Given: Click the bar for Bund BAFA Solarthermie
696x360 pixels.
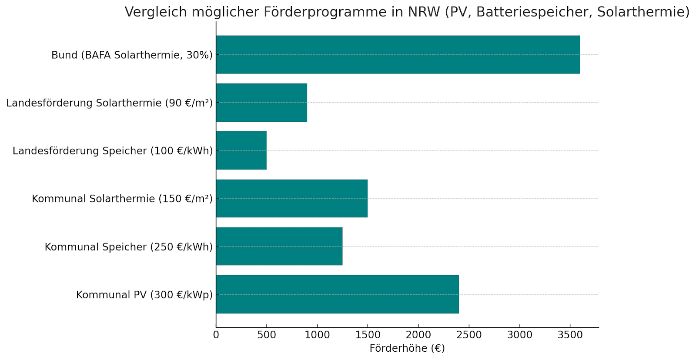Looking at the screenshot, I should point(398,55).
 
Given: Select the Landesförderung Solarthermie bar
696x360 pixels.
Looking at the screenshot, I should point(261,103).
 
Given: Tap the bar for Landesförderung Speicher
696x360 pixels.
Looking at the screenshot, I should point(241,150).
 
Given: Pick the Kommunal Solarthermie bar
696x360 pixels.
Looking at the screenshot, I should point(291,198).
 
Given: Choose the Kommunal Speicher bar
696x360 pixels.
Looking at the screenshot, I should point(279,246).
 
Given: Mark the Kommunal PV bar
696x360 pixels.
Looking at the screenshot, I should point(337,294).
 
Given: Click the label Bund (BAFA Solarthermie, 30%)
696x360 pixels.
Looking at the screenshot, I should point(132,55).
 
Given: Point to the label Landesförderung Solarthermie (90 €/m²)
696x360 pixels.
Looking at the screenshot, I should point(109,103).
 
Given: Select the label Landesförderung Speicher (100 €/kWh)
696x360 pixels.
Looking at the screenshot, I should point(113,151).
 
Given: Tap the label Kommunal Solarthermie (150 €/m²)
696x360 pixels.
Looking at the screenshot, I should point(122,199).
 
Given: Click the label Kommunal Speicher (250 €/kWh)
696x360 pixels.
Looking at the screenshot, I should point(129,247).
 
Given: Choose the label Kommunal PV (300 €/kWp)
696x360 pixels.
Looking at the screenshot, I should point(144,295).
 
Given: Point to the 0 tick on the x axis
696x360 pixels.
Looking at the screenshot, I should point(216,335).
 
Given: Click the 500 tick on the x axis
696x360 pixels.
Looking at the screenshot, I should point(267,335).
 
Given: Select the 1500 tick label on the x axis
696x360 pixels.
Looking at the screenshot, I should point(368,335).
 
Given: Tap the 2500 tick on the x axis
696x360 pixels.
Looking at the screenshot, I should point(469,335).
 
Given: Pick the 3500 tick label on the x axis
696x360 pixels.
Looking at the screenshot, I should point(570,335).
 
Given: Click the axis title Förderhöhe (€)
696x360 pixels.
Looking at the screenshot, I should point(407,348).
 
